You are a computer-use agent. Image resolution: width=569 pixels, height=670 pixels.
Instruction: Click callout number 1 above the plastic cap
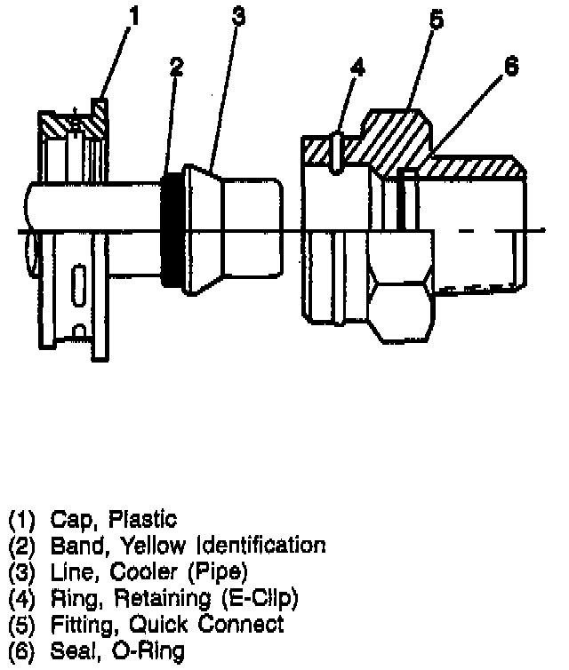(x=134, y=15)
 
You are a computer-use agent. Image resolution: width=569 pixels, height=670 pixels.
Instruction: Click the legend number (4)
(x=22, y=597)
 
